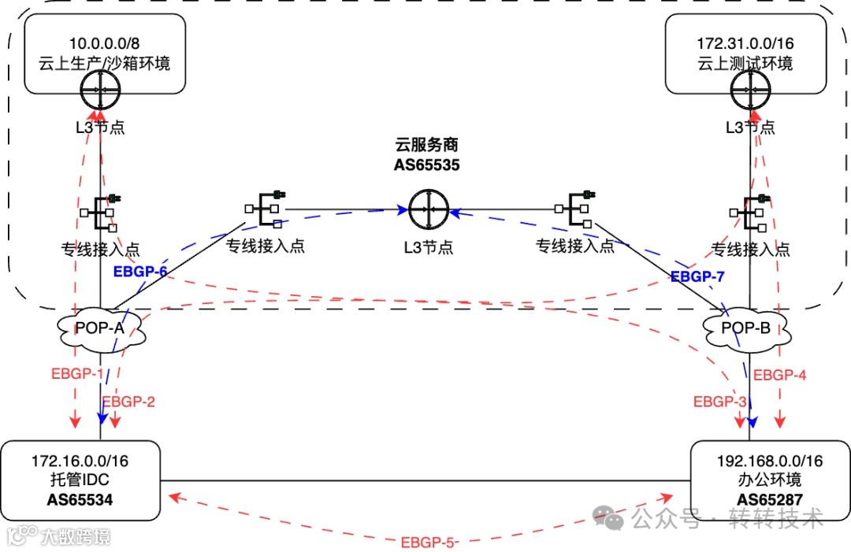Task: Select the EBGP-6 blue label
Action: click(x=141, y=272)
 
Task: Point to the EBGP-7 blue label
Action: click(x=697, y=276)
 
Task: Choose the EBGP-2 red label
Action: click(x=129, y=402)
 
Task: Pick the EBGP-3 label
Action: click(x=719, y=402)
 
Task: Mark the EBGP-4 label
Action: click(x=780, y=375)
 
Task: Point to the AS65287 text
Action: click(x=769, y=499)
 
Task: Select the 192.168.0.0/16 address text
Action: click(x=769, y=461)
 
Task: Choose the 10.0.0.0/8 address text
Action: click(x=103, y=44)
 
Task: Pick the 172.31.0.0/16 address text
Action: click(x=745, y=44)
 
